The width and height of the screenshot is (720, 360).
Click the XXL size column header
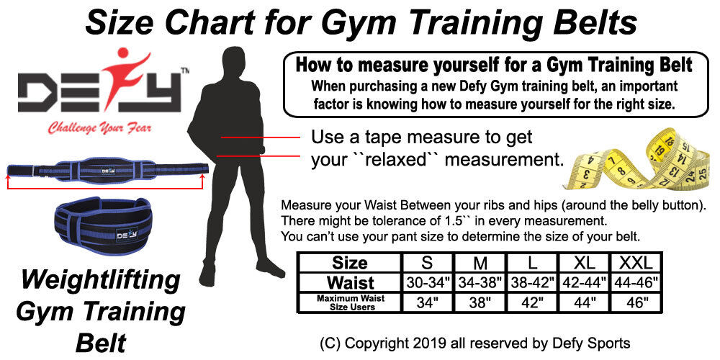click(x=636, y=263)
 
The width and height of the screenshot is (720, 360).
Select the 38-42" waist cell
click(x=532, y=282)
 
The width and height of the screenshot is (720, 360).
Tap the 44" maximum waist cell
click(x=584, y=302)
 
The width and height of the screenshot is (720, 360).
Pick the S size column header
click(x=427, y=263)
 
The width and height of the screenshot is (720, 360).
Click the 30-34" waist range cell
click(x=427, y=282)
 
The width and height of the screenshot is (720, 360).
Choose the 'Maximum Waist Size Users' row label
click(x=351, y=302)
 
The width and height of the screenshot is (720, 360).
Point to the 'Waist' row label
click(x=351, y=282)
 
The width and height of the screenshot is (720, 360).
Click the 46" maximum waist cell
click(x=636, y=302)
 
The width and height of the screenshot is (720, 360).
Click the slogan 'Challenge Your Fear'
click(x=99, y=127)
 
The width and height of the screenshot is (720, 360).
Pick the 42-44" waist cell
click(x=584, y=282)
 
